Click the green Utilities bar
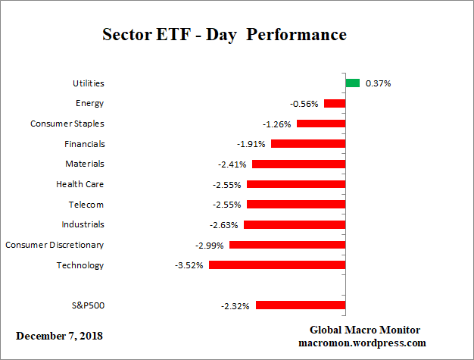point(352,83)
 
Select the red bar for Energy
point(334,103)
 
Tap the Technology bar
point(277,265)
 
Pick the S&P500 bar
point(301,305)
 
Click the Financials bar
point(308,144)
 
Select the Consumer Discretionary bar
point(287,245)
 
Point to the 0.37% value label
point(378,83)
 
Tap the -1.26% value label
point(277,124)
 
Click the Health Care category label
point(80,184)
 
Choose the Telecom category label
point(86,205)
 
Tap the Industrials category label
point(83,224)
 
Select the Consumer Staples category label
point(67,124)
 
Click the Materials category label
point(85,164)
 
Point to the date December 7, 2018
point(60,335)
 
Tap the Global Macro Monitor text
point(365,330)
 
